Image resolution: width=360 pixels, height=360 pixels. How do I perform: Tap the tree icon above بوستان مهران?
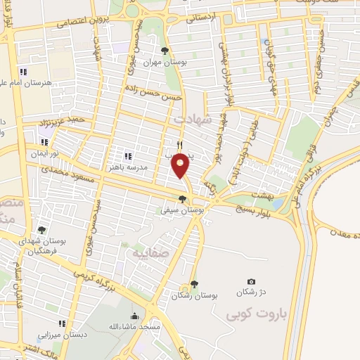click(165, 51)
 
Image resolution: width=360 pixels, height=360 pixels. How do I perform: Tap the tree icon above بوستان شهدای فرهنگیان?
click(41, 229)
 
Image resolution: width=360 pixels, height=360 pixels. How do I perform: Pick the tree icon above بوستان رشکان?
click(194, 283)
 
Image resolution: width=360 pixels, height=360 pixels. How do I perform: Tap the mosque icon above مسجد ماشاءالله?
click(135, 316)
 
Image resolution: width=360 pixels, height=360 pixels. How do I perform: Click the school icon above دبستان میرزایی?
click(62, 323)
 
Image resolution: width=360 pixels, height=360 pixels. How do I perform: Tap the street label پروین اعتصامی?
click(77, 25)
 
